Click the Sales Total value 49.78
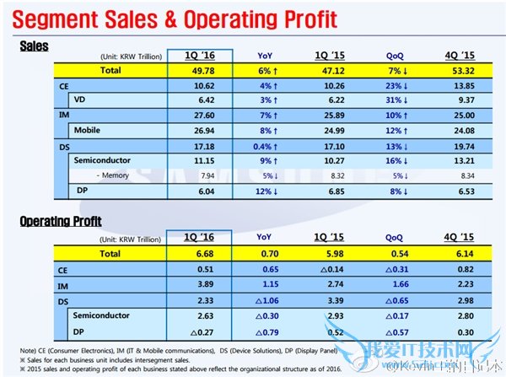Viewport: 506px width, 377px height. tap(200, 71)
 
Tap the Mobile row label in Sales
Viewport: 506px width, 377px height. tap(87, 130)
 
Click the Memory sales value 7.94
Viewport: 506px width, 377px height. tap(200, 175)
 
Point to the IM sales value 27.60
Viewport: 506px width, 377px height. tap(200, 115)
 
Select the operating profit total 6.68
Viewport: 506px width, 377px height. tap(200, 252)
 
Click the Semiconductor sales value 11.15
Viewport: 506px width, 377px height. tap(200, 159)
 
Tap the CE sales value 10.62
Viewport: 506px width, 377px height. tap(200, 86)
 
